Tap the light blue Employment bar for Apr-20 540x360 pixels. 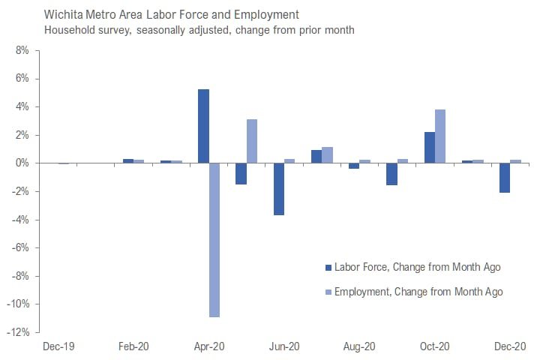(x=214, y=240)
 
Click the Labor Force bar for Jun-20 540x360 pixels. (x=279, y=189)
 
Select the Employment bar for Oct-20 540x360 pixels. (x=440, y=136)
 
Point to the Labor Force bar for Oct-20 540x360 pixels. (x=430, y=148)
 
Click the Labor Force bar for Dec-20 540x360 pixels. (x=505, y=178)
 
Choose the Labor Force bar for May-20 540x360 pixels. (x=241, y=173)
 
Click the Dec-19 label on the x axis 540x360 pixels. (x=58, y=346)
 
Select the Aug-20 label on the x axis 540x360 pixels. (x=359, y=346)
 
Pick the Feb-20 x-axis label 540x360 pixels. (x=133, y=346)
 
